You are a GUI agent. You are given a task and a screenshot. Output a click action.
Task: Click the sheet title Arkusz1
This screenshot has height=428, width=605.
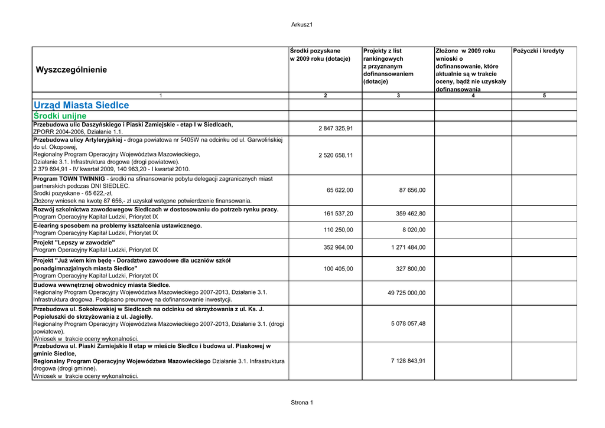pos(301,24)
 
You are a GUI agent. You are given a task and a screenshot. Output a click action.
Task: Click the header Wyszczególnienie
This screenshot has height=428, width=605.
pos(71,70)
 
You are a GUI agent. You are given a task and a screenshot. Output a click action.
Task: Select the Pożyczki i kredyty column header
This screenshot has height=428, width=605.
pos(539,51)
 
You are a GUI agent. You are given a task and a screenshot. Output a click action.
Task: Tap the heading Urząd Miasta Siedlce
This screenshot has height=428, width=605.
pos(81,105)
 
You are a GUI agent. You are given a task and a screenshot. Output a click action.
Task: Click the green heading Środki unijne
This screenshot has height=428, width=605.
pos(60,116)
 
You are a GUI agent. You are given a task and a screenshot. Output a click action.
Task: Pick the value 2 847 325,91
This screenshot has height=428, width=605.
pos(336,128)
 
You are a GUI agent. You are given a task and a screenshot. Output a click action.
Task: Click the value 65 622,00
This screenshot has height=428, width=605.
pos(340,190)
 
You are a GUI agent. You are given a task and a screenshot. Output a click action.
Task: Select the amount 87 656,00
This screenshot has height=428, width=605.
pos(412,190)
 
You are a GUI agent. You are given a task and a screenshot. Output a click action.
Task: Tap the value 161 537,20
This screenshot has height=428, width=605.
pos(339,213)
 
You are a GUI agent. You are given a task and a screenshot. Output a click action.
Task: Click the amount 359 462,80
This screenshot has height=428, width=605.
pos(411,213)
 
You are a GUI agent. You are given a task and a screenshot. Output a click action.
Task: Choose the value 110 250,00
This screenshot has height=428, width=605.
pos(339,230)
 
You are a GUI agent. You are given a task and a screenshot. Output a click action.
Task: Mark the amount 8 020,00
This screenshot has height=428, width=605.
pos(414,230)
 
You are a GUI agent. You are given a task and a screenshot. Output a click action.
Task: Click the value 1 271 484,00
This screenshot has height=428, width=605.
pos(408,247)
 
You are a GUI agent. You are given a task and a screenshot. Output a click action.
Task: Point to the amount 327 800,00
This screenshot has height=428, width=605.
pos(411,269)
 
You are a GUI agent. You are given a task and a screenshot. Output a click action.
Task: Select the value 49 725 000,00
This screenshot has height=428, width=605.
pos(406,293)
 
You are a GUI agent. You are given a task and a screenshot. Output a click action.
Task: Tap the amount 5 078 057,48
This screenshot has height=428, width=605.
pos(408,324)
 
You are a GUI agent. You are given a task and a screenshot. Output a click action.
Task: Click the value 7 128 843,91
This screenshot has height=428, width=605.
pos(408,361)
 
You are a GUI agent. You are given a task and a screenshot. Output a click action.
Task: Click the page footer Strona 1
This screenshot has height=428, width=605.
pos(301,403)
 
